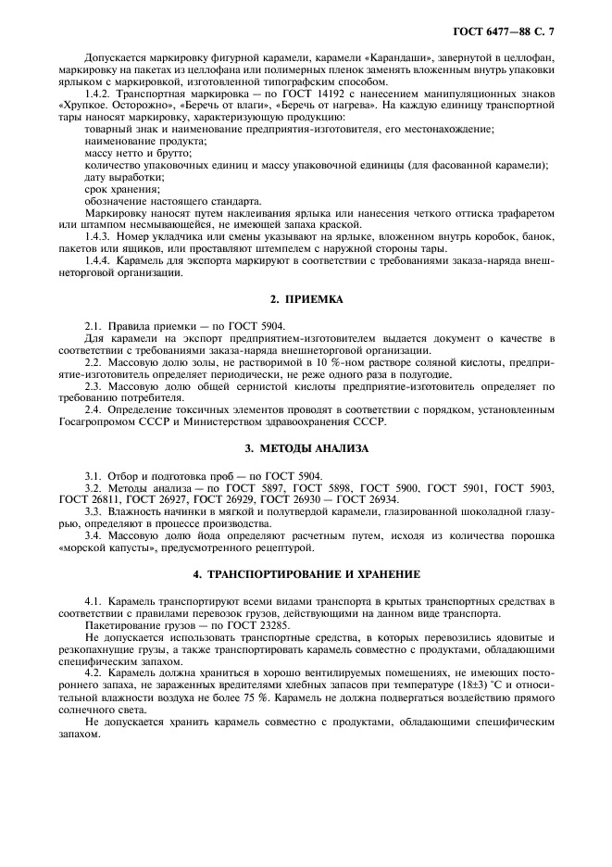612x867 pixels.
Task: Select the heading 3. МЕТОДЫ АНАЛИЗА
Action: point(306,448)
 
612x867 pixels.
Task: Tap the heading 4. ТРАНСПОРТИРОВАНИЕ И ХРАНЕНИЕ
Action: point(306,574)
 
